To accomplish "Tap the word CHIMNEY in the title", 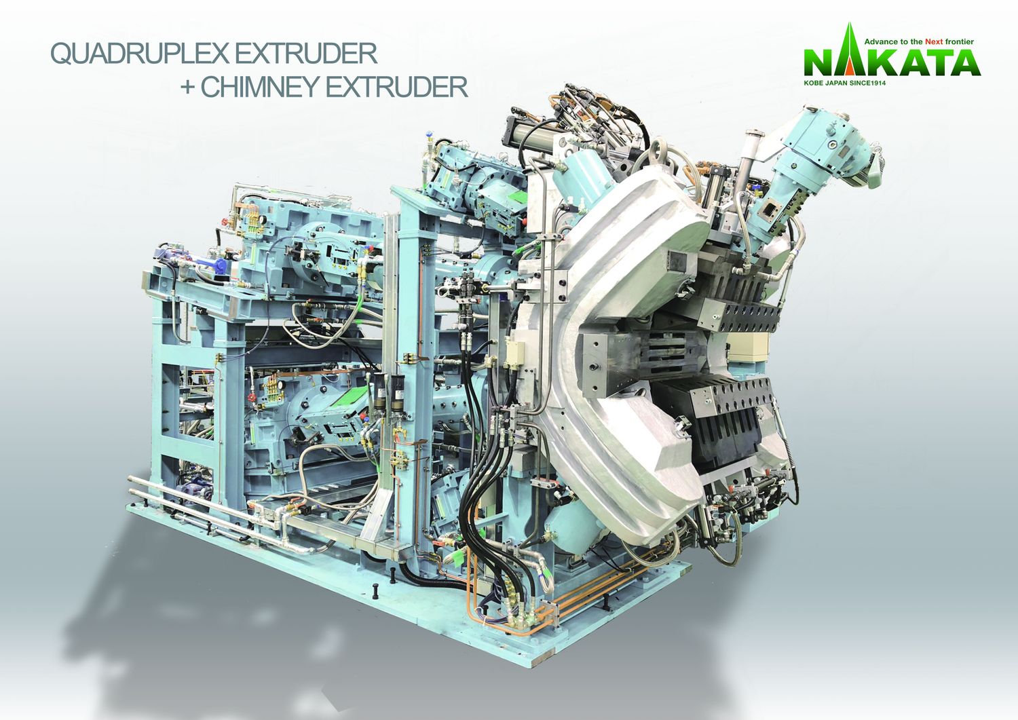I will [259, 87].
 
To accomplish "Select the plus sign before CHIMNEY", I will [187, 88].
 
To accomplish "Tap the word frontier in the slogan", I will [959, 41].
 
